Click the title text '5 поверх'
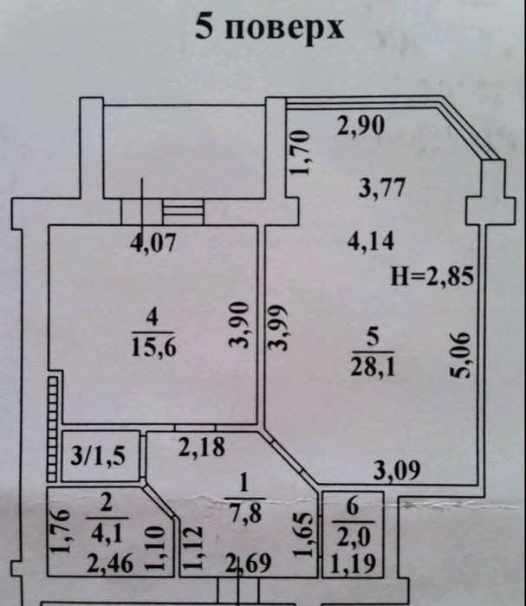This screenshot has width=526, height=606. tap(269, 28)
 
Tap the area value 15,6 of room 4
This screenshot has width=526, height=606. tap(153, 346)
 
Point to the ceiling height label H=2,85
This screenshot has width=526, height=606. tap(432, 276)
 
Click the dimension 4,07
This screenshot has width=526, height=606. tap(153, 243)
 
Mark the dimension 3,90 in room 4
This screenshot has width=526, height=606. tap(239, 325)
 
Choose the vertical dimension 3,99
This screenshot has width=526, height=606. tap(279, 327)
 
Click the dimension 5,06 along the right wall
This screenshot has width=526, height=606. tap(460, 355)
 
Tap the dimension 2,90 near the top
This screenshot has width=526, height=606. tap(360, 126)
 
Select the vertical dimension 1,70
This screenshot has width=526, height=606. tap(301, 152)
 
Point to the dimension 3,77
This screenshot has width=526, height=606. tap(382, 188)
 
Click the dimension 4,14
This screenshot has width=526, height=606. tap(371, 242)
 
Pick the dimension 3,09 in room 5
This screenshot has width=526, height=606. tap(397, 470)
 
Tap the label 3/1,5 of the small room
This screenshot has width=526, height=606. tap(98, 455)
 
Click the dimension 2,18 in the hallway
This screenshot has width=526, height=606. tap(202, 448)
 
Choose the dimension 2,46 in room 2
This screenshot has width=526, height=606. tap(110, 563)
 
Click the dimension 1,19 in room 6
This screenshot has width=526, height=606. tap(353, 564)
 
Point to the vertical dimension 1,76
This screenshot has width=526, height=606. tap(61, 531)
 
